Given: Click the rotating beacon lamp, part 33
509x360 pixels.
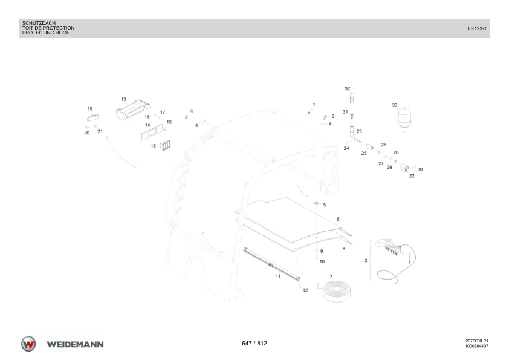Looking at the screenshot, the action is [404, 119].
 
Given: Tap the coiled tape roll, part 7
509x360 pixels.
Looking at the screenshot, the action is [337, 290].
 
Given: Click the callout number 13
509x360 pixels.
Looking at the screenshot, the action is [124, 99].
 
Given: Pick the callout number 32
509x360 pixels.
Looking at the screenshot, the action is [348, 88].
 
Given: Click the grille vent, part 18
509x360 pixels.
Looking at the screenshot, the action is [166, 145].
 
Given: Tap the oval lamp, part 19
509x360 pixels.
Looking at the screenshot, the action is [93, 117].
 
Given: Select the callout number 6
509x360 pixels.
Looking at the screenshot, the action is [338, 219].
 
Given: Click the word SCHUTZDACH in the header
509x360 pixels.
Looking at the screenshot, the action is [39, 23].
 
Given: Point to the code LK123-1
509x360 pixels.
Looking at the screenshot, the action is [477, 28].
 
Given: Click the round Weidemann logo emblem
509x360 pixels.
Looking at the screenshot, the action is [28, 344].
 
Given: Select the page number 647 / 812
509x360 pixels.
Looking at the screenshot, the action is [254, 344].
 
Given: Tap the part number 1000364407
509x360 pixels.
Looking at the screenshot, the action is [476, 346].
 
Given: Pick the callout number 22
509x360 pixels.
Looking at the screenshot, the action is [412, 176].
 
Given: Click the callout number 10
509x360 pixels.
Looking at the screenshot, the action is [322, 261].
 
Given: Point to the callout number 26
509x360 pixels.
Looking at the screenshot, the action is [384, 145].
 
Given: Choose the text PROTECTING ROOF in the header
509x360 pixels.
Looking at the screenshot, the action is [46, 33].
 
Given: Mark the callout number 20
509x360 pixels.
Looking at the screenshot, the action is [86, 133].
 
